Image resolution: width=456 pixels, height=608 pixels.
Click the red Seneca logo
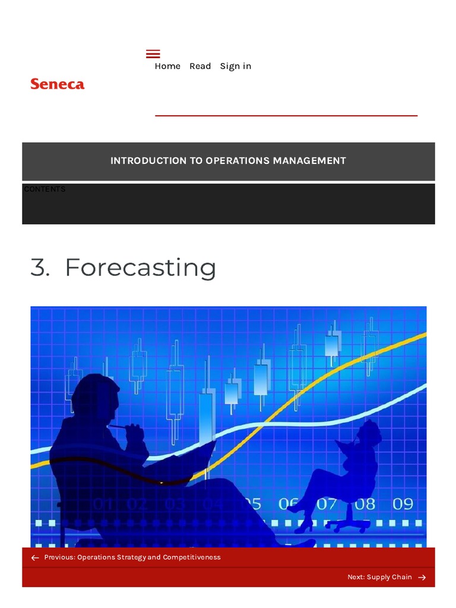click(58, 84)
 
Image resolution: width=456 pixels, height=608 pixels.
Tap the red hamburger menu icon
click(153, 54)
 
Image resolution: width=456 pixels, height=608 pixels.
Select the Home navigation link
click(167, 66)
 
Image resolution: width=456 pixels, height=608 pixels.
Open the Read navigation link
click(200, 66)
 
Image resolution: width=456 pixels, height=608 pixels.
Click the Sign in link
click(236, 66)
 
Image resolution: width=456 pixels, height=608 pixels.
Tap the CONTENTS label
click(45, 189)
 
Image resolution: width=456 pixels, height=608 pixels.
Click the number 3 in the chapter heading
click(39, 268)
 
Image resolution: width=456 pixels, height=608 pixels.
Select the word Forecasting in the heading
click(140, 268)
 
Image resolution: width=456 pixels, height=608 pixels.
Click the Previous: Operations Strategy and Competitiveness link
click(132, 558)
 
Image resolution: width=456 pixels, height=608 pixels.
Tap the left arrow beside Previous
click(35, 558)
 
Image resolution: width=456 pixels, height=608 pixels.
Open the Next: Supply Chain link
click(379, 577)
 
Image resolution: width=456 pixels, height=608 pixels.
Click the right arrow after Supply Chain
click(422, 577)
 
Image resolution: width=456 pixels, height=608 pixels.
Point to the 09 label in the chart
click(403, 504)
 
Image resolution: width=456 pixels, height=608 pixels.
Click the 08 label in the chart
click(365, 504)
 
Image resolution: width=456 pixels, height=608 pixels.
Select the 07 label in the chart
click(327, 504)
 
